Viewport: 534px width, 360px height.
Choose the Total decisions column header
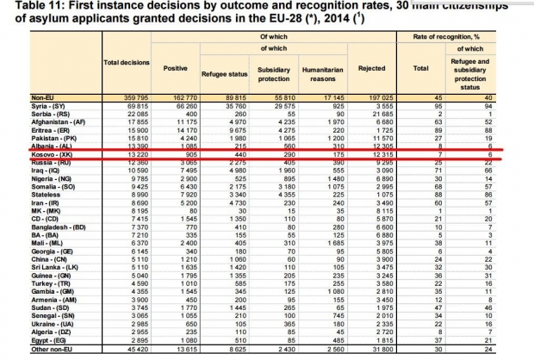tap(127, 63)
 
